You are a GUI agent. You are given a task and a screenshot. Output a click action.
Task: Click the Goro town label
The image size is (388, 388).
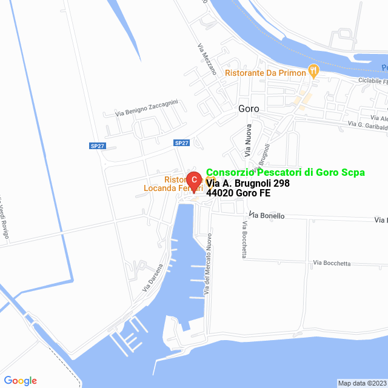(x=249, y=109)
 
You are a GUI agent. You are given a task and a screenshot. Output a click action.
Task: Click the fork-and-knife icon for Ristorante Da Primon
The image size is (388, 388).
(x=313, y=72)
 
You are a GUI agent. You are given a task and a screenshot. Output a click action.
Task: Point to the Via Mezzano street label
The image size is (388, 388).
(x=207, y=58)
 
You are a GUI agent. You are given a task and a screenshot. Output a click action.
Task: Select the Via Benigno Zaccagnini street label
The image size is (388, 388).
(x=146, y=108)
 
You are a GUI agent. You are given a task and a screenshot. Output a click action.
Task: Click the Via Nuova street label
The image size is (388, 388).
(x=248, y=139)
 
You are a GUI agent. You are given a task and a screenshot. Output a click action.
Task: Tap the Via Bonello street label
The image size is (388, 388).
(x=267, y=215)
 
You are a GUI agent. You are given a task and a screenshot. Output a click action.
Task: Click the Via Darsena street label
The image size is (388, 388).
(x=153, y=278)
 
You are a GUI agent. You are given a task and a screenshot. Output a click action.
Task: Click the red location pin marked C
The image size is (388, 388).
(x=193, y=181)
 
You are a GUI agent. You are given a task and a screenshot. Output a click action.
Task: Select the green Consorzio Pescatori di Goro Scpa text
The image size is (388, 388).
(x=286, y=173)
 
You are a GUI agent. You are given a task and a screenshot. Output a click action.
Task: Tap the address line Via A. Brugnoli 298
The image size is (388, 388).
(x=248, y=183)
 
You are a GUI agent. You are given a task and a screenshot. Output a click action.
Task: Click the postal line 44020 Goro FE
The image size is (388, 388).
(x=238, y=193)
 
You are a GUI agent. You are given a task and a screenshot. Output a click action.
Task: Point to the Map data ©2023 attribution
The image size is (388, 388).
(x=362, y=383)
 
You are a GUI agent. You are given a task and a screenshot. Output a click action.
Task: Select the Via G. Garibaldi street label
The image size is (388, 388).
(x=367, y=124)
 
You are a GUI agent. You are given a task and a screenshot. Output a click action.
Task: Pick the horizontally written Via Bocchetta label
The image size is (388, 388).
(x=332, y=263)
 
